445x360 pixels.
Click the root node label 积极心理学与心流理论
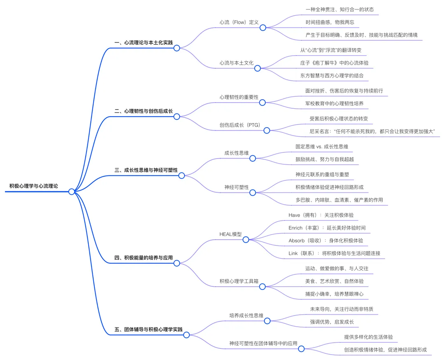(x=34, y=186)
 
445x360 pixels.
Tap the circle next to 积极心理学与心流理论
(x=72, y=192)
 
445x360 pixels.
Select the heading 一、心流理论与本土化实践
(x=143, y=42)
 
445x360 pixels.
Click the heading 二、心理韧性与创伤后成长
(x=143, y=111)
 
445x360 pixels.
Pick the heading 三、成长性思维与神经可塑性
(x=149, y=170)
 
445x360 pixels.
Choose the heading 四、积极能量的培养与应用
(x=143, y=258)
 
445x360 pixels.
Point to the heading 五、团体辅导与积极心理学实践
(x=148, y=329)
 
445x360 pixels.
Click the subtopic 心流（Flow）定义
(x=239, y=22)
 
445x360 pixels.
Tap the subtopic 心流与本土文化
(x=237, y=63)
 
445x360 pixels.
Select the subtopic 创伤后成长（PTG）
(x=239, y=125)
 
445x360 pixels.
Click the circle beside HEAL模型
(x=246, y=239)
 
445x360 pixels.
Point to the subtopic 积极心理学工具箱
(x=239, y=281)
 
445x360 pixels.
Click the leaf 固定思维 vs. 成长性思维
(x=324, y=146)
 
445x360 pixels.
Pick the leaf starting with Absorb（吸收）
(x=326, y=240)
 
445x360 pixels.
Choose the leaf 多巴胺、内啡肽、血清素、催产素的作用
(x=339, y=200)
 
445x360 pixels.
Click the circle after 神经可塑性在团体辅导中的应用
(x=301, y=349)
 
